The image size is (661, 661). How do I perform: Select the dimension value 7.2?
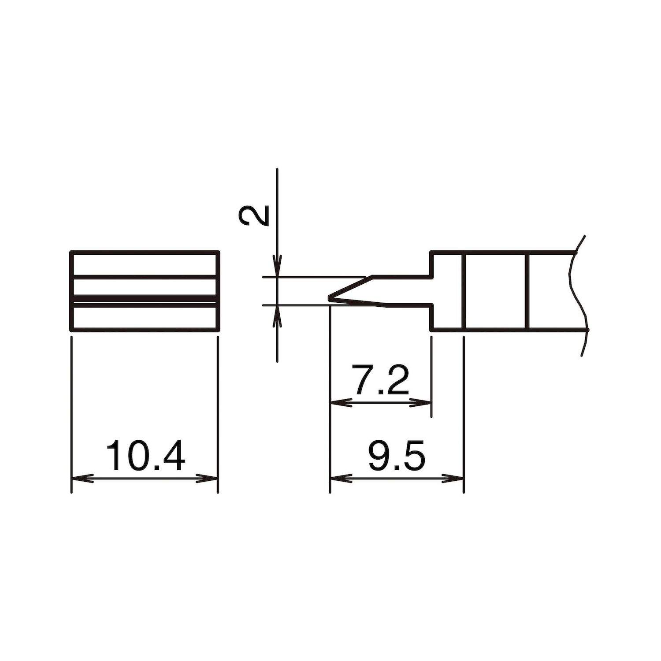(x=382, y=380)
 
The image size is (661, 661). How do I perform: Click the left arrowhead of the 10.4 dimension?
(x=82, y=478)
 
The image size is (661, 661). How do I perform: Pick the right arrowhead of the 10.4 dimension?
(x=208, y=478)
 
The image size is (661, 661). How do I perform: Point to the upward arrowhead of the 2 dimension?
(x=277, y=315)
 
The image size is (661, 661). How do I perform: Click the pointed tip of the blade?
(x=330, y=298)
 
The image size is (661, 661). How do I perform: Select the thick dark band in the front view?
(x=145, y=299)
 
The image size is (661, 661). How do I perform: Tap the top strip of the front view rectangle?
(x=145, y=264)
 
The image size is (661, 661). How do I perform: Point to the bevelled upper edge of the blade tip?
(x=350, y=287)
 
